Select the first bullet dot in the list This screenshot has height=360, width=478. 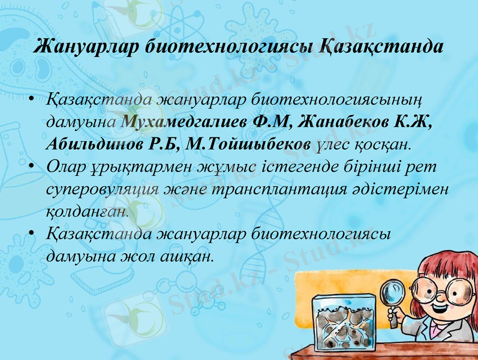(x=31, y=97)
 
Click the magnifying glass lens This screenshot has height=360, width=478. (x=394, y=292)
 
